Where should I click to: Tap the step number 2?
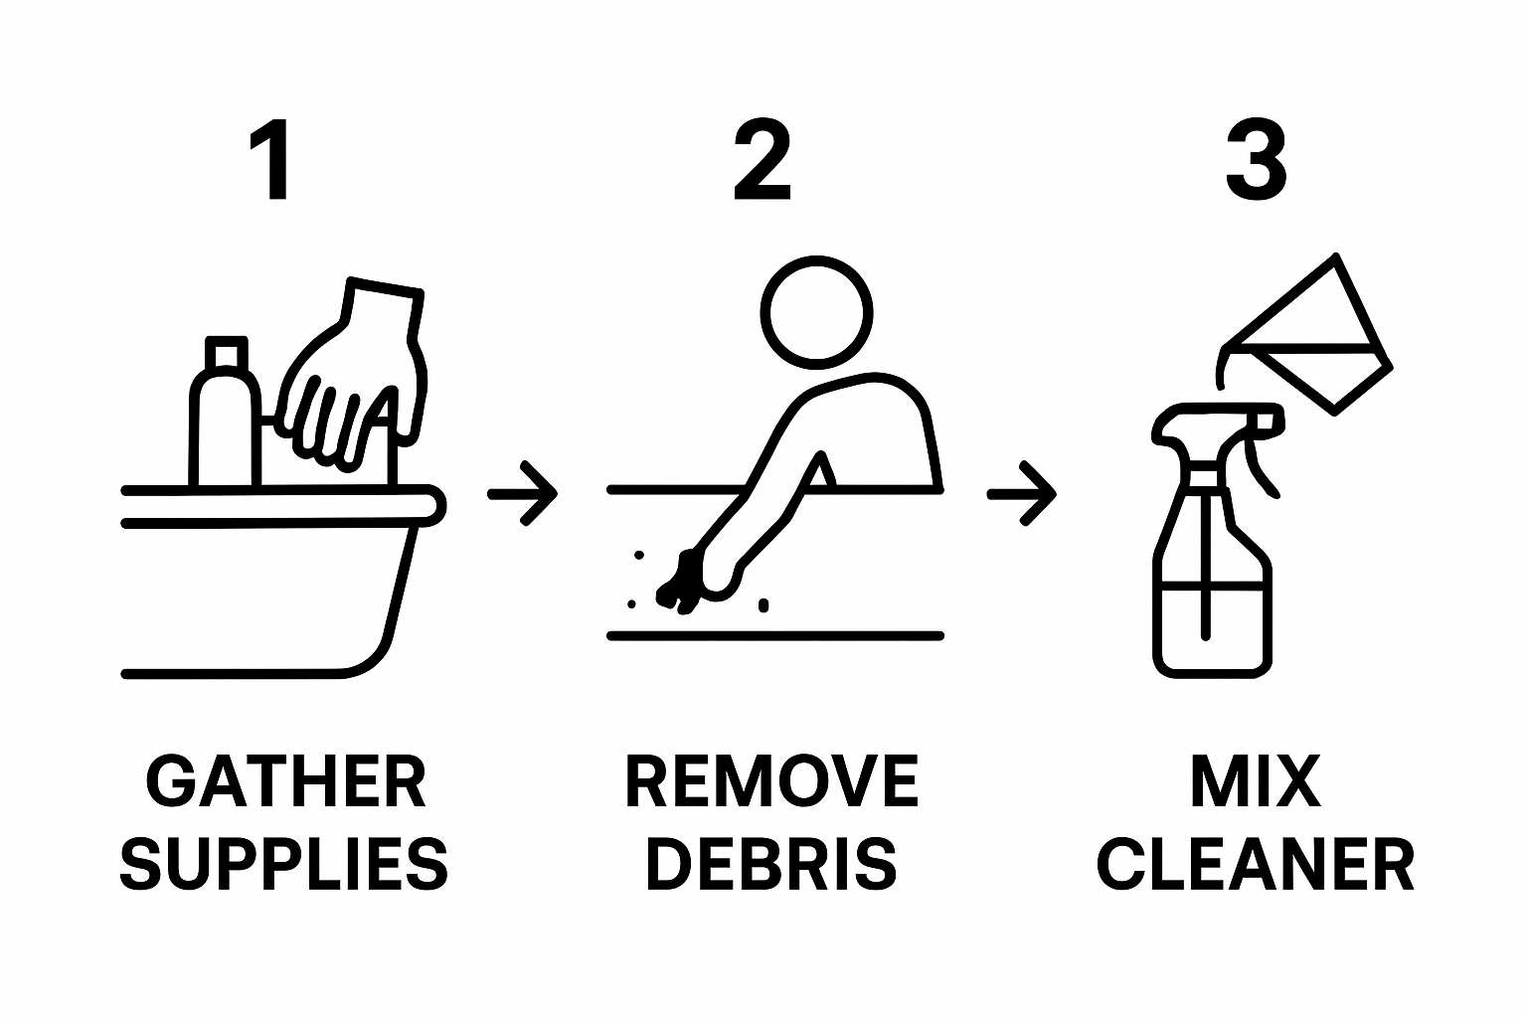(x=763, y=160)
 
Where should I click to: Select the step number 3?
(x=1256, y=160)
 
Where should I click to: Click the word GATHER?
(x=286, y=781)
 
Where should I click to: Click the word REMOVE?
(x=771, y=781)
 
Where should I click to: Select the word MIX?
(x=1256, y=781)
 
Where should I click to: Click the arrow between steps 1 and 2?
(x=523, y=492)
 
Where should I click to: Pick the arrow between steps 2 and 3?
(x=1021, y=492)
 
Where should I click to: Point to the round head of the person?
(x=816, y=310)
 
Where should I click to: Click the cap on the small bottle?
(x=226, y=354)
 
